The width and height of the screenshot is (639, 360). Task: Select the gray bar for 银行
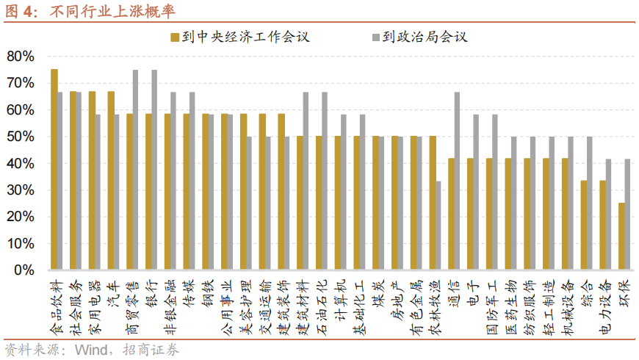click(x=154, y=170)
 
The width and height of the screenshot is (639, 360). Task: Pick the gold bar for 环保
click(x=621, y=237)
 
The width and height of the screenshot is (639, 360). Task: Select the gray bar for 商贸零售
click(x=135, y=170)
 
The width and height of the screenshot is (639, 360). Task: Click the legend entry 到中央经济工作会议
click(x=239, y=37)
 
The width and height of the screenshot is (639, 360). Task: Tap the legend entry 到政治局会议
click(x=424, y=37)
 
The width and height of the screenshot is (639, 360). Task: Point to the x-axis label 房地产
click(x=397, y=300)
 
